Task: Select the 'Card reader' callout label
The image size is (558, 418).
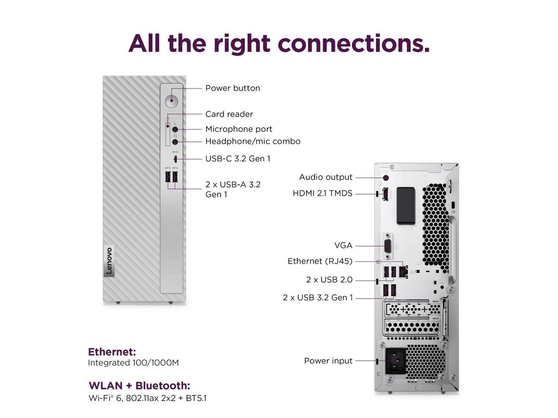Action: coord(229,114)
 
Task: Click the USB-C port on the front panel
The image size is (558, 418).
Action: coord(175,158)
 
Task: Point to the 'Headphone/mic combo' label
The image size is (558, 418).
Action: coord(252,141)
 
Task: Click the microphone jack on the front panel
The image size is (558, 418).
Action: coord(175,129)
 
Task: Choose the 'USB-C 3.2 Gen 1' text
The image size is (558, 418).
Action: coord(238,158)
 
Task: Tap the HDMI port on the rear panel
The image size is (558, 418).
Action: coord(385,194)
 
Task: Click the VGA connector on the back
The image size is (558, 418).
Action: coord(387,246)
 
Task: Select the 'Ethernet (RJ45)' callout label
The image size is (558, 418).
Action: coord(320,261)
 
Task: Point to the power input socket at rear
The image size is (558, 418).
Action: coord(396,360)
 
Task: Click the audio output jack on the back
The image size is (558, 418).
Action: coord(385,177)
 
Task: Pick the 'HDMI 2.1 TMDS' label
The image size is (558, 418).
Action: coord(322,193)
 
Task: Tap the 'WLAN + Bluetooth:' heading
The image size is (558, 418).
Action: coord(139,386)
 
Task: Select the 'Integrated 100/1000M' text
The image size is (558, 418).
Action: coord(133,363)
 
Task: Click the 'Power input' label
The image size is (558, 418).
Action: coord(328,361)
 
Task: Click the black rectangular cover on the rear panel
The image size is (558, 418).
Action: coord(405,206)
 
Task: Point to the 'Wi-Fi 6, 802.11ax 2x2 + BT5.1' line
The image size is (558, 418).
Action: coord(147,398)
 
